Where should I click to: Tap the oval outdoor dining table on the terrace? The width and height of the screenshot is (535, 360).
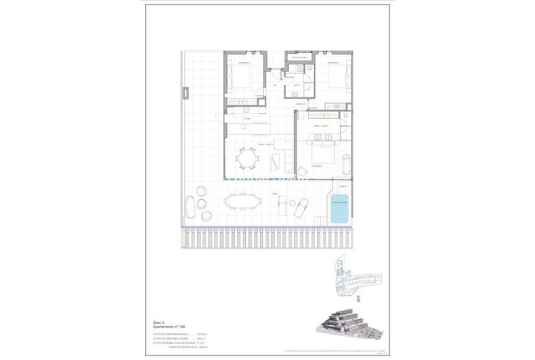coord(242,201)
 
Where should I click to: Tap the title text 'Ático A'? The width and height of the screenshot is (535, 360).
coord(158,322)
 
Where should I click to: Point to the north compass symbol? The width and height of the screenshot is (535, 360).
coord(358,298)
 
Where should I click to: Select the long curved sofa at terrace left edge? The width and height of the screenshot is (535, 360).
coord(189,207)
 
